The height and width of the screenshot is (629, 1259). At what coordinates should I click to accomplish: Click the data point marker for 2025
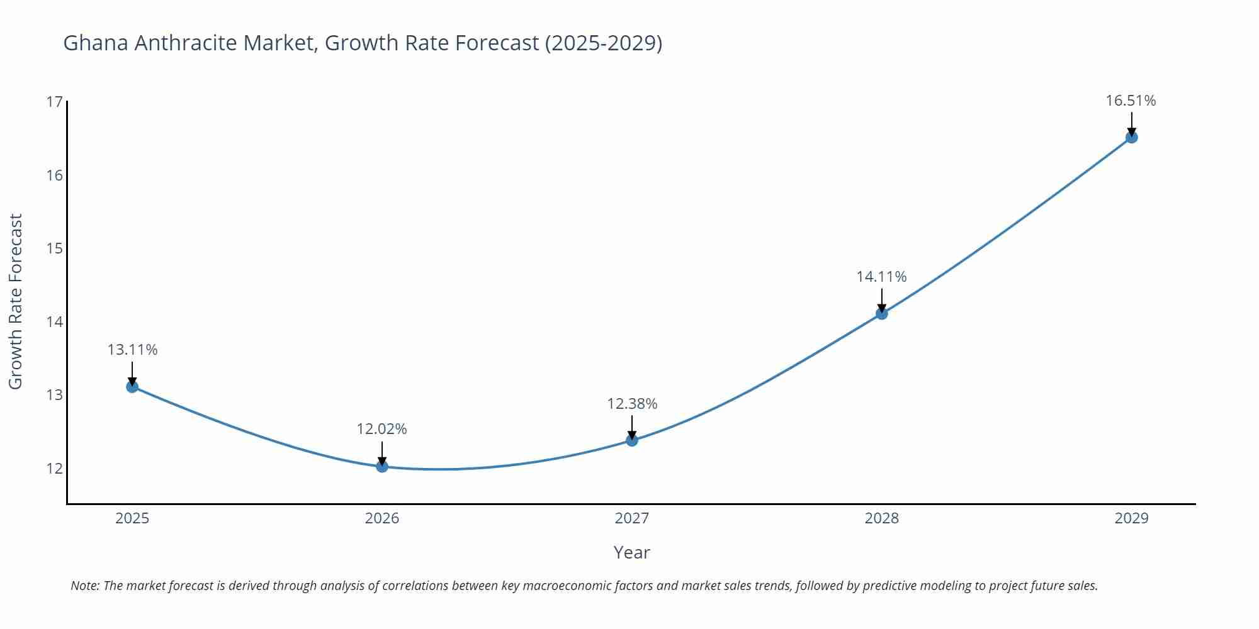[132, 386]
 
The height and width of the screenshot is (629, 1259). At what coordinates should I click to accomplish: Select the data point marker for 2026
[382, 466]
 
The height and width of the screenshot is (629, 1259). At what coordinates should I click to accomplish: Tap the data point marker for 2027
[632, 440]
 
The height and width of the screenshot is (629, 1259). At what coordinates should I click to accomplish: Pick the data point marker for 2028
[882, 313]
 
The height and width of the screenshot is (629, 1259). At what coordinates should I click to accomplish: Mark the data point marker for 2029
[1131, 137]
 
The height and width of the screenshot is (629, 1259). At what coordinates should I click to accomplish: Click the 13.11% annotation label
[132, 350]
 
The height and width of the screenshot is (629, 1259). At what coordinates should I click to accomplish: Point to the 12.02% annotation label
[382, 429]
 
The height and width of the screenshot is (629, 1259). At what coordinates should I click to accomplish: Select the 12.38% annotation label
[632, 404]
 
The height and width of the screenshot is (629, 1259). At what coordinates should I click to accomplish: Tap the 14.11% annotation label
[881, 277]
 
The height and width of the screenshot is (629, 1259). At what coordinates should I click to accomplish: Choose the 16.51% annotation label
[1131, 101]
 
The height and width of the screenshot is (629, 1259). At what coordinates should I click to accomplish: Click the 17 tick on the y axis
[55, 102]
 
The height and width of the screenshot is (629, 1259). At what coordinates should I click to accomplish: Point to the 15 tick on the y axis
[55, 248]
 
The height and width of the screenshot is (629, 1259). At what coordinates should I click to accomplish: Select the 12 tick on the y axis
[55, 469]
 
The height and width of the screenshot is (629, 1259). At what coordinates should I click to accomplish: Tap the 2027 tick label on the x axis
[632, 518]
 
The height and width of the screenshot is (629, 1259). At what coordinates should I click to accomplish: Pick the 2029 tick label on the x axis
[1131, 518]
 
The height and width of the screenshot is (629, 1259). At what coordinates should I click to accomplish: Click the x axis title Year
[631, 552]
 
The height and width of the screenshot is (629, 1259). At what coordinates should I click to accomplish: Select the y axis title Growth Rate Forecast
[16, 301]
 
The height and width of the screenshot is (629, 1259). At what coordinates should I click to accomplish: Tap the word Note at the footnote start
[84, 586]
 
